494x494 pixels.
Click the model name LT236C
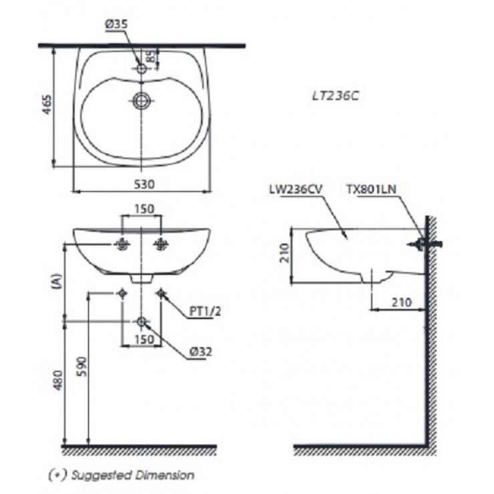click(x=336, y=95)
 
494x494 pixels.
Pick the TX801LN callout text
click(x=372, y=189)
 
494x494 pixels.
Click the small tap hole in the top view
click(x=142, y=68)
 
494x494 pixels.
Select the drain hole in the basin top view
click(x=142, y=101)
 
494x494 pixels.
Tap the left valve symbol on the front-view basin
click(x=122, y=245)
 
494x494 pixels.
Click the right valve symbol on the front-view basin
click(x=161, y=245)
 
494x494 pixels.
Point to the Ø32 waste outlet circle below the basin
click(x=142, y=322)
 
